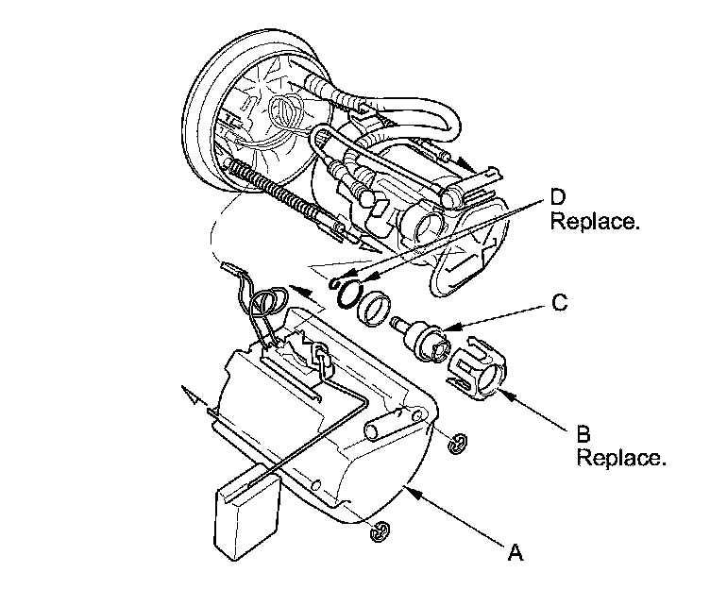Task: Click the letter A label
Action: tap(515, 552)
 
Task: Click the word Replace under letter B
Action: tap(621, 460)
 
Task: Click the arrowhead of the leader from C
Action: tap(448, 329)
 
